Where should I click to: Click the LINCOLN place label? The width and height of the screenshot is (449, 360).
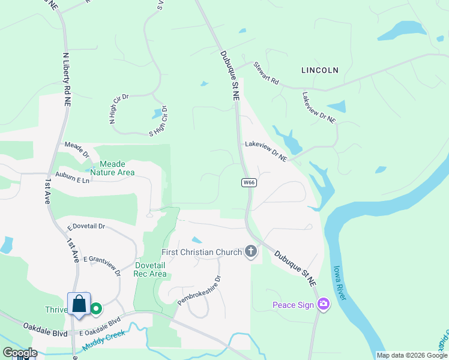pos(319,70)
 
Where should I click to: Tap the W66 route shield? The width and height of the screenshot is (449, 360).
pos(250,182)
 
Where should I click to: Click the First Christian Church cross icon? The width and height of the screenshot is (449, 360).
pos(252,252)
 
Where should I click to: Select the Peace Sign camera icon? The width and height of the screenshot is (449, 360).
pos(324,305)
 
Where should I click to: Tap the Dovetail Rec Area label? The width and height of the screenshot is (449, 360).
pos(150,269)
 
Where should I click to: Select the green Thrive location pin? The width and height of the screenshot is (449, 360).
pos(96,309)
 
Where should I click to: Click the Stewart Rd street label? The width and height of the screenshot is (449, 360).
pos(266,73)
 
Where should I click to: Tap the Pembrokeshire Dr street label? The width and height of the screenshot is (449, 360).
pos(199,290)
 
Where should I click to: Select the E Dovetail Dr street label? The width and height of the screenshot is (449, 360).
pos(86,227)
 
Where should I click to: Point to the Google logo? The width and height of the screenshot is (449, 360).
pos(19,353)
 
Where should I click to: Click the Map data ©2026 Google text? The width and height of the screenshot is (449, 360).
pos(411,355)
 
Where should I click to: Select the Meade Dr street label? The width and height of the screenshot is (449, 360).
pos(77,149)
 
